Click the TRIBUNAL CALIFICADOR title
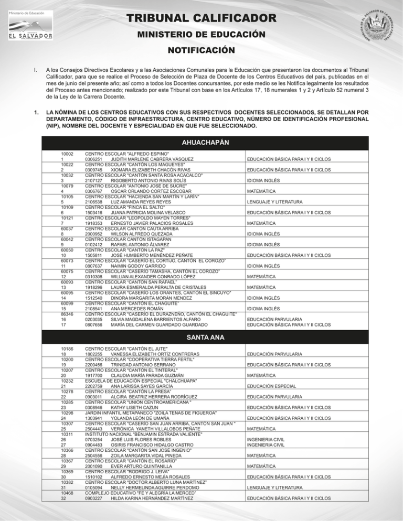click(201, 19)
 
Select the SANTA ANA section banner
click(201, 338)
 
